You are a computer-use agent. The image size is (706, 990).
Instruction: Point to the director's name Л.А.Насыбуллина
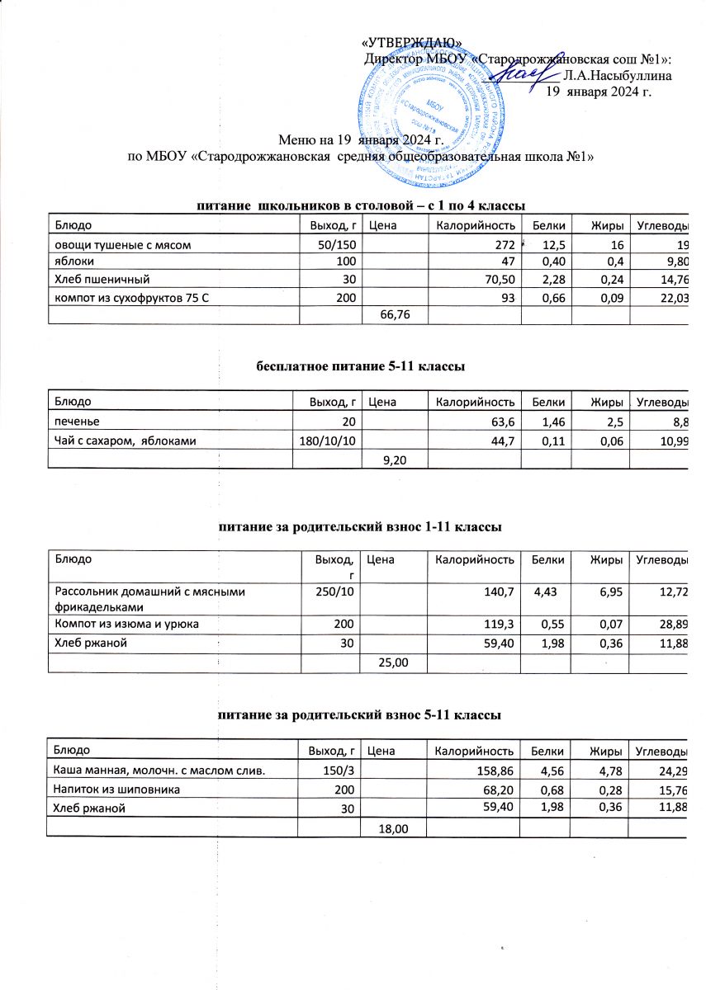pyautogui.click(x=616, y=75)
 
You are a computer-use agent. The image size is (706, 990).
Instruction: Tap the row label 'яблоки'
pyautogui.click(x=73, y=262)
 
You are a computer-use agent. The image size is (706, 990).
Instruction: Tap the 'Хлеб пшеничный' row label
pyautogui.click(x=102, y=279)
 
